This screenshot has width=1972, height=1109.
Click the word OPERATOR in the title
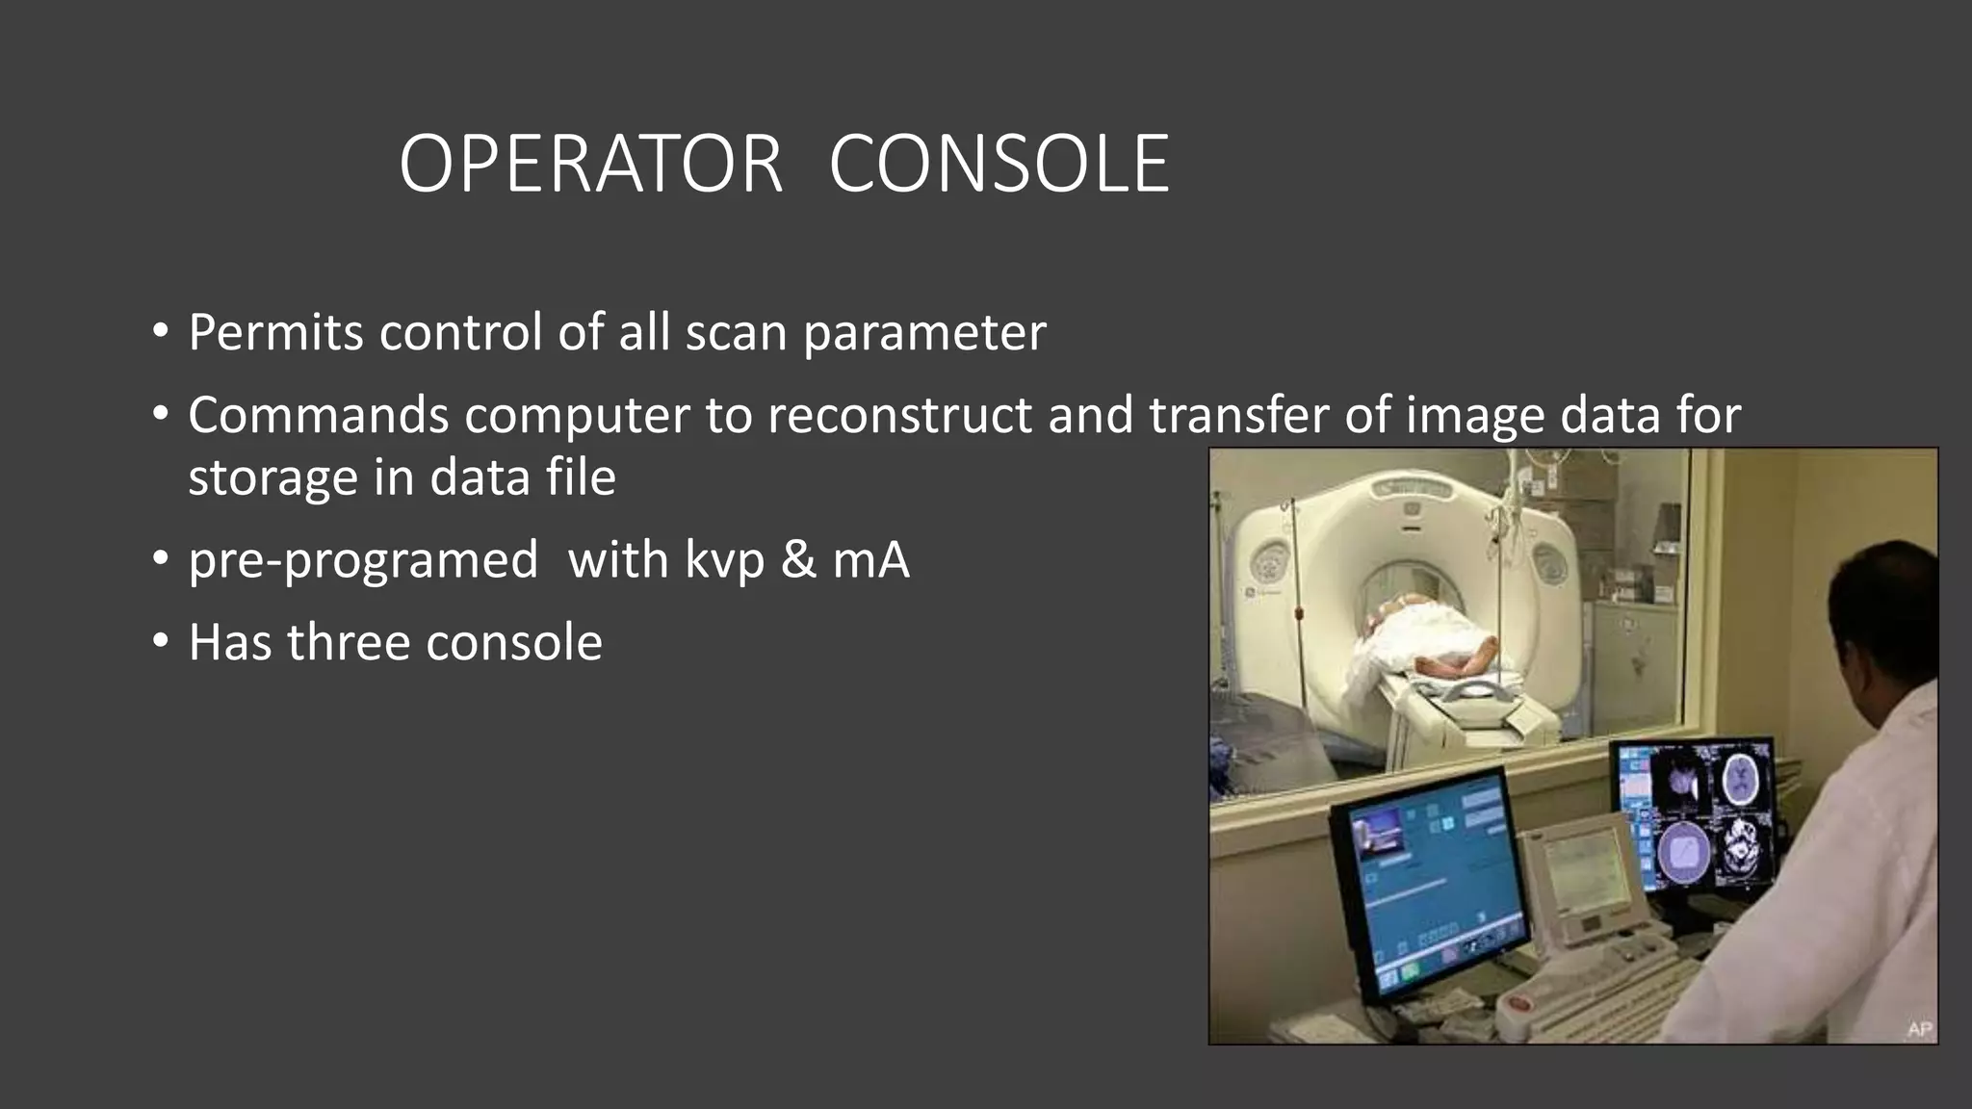coord(590,165)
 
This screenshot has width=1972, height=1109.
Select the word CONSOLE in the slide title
coord(999,165)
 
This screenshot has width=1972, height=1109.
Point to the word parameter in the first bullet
coord(924,333)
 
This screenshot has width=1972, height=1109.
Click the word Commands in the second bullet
coord(319,416)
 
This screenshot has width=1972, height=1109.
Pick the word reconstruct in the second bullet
coord(901,416)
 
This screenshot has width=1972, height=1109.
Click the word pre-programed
coord(363,560)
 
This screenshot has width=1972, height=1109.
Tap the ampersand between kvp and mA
coord(798,560)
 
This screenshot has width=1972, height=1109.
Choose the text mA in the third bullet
coord(870,560)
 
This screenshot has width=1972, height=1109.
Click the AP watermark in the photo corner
coord(1919,1029)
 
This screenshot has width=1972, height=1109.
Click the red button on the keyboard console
coord(1518,1005)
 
